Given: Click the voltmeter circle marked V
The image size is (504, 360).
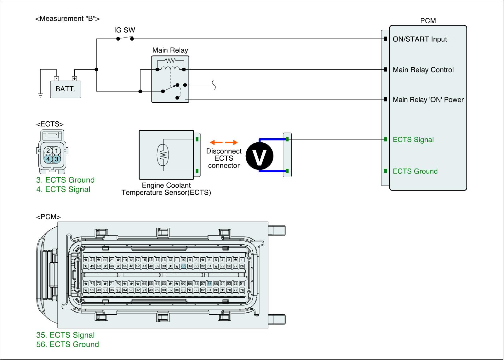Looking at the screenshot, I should click(260, 156).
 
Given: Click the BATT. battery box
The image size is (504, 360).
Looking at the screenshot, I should click(66, 89).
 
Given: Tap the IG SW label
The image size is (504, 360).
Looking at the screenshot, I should click(124, 30).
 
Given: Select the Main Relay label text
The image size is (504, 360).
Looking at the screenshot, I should click(170, 50).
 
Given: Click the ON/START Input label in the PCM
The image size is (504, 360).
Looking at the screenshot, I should click(420, 39).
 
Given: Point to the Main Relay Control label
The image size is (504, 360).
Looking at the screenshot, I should click(423, 70).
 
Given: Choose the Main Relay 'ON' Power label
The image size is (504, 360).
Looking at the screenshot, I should click(428, 100).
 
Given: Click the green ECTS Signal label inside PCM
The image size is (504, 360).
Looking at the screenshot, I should click(413, 140).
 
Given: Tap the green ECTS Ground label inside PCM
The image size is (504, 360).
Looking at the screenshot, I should click(415, 171).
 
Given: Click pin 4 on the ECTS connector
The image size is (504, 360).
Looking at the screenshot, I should click(48, 159).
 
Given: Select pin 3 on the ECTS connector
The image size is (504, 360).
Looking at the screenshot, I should click(56, 159).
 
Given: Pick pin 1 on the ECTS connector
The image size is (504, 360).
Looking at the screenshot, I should click(56, 151).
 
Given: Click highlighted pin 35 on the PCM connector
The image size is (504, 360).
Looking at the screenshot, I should click(183, 266).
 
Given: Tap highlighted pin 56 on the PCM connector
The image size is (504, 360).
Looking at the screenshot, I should click(209, 284).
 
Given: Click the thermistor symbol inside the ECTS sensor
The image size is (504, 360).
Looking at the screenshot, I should click(163, 155).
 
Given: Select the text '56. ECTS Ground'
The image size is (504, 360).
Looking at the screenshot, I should click(67, 344).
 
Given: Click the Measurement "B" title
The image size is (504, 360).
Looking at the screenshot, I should click(67, 19).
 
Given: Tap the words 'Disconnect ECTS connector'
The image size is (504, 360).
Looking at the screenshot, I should click(224, 158).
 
